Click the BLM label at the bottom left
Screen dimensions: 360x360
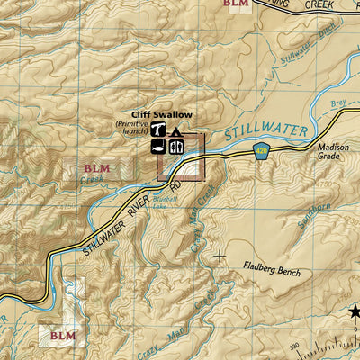[63, 336]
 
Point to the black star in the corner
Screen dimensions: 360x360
[354, 312]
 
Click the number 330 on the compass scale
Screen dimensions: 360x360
[292, 346]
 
